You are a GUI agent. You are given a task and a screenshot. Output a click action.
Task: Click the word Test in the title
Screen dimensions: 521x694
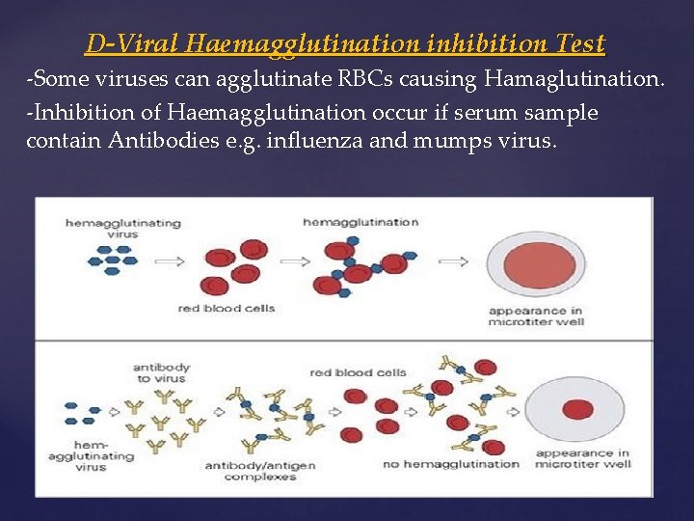click(580, 44)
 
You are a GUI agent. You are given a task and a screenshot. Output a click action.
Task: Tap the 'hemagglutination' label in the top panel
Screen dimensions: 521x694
click(360, 222)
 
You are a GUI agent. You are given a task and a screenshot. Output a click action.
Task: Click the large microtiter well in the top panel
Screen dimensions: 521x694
click(536, 260)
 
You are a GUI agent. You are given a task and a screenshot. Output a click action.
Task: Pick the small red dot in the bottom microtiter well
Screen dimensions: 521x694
click(576, 408)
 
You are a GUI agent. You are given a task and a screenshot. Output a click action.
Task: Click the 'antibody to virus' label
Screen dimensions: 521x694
click(161, 372)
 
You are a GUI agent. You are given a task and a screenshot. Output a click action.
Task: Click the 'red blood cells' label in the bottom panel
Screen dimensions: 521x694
click(358, 372)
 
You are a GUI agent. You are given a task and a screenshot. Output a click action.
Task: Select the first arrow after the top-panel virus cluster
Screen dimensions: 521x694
click(170, 260)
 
